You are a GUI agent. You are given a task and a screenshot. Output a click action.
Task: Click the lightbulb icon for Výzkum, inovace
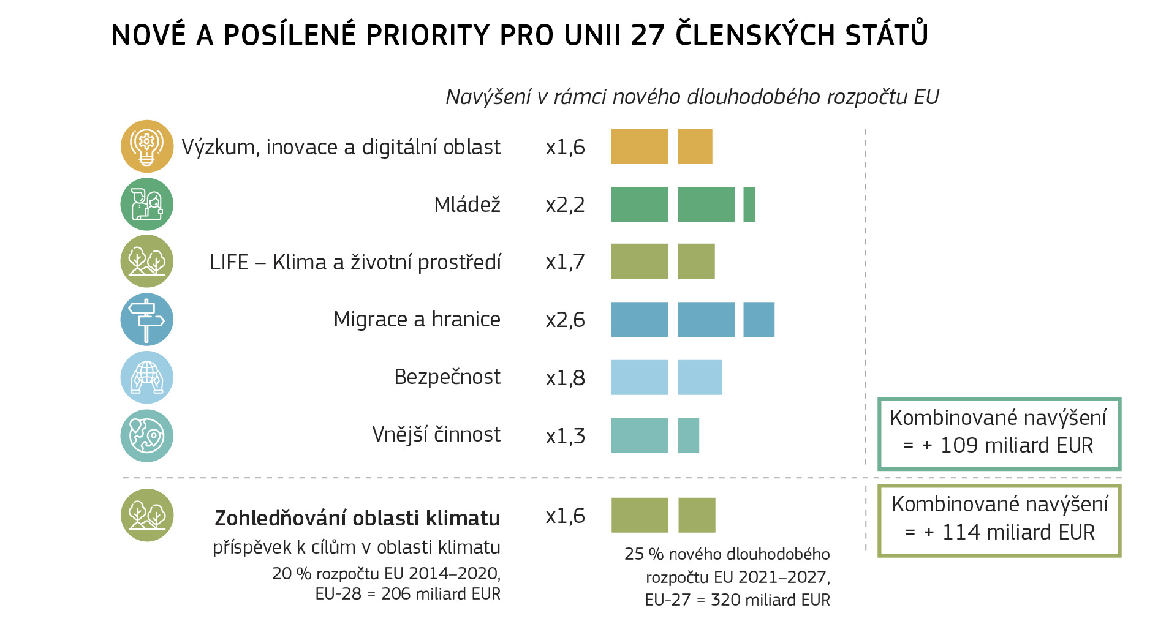coord(146,146)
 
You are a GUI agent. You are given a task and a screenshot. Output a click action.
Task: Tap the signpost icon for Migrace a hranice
coord(146,319)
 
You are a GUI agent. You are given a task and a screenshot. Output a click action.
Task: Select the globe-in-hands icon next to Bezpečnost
coord(146,377)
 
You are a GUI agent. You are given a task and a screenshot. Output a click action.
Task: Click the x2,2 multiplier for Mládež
coord(565,205)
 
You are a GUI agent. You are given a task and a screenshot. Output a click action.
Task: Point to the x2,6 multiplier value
coord(565,320)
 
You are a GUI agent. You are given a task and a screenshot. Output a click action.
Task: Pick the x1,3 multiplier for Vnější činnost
coord(565,436)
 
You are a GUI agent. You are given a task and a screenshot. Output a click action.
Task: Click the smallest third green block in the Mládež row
coord(749,205)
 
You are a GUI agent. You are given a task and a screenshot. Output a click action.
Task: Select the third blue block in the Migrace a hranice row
coord(759,320)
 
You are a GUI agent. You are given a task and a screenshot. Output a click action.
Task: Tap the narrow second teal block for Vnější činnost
coord(688,436)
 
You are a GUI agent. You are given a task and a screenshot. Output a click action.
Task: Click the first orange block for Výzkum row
coord(639,146)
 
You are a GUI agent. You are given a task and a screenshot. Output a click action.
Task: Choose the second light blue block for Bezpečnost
coord(700,377)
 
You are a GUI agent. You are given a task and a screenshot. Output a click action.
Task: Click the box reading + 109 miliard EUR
coord(999,434)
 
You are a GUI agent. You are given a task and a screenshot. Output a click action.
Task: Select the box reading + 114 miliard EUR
coord(999,521)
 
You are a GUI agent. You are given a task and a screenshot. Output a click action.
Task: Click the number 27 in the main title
coord(648,35)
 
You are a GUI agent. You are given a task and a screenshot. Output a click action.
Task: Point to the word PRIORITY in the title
coord(428,35)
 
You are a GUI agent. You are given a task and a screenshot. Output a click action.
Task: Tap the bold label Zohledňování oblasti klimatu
coord(357,518)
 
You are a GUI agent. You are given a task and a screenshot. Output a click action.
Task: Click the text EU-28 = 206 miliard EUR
coord(407,594)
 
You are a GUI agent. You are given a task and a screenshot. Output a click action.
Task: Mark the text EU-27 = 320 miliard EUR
coord(737,600)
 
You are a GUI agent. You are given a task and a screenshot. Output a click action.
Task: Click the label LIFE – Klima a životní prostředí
coord(355,262)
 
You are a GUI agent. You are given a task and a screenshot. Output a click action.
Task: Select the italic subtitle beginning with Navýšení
coord(692,97)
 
